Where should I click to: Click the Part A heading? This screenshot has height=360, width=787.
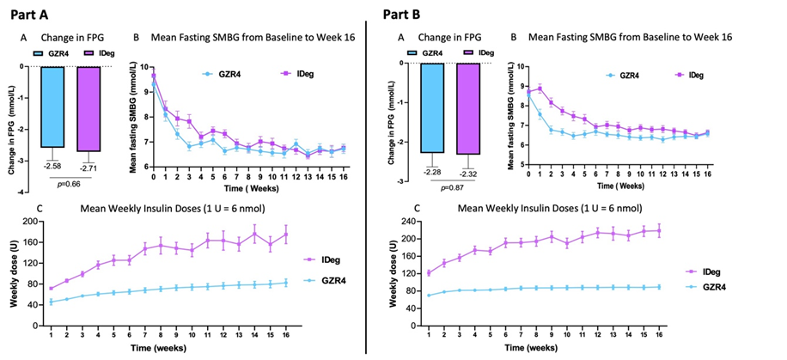[x=30, y=14]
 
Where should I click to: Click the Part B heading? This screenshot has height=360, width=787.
[x=406, y=14]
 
